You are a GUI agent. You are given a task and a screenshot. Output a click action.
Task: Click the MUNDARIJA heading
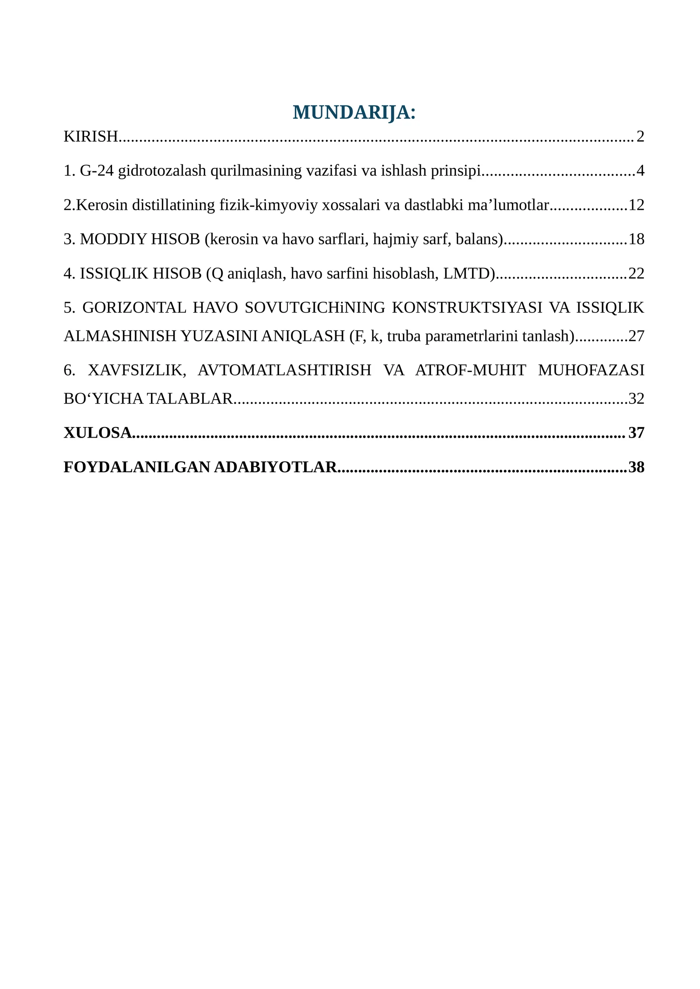pos(353,112)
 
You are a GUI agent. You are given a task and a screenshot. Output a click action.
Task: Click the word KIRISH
pos(91,136)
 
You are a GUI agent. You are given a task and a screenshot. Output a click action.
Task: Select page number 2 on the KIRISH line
pos(640,136)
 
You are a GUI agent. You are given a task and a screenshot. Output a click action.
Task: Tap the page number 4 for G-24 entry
pos(640,171)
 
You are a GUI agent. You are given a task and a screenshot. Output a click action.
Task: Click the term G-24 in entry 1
pos(97,171)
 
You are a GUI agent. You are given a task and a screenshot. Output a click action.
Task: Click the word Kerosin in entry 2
pos(102,205)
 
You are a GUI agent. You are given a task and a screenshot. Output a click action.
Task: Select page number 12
pos(636,205)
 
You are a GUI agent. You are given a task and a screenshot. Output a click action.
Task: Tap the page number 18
pos(636,239)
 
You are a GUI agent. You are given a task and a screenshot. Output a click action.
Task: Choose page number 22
pos(636,273)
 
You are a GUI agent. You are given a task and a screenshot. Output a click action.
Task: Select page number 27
pos(636,336)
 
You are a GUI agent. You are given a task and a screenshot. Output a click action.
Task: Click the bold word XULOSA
pos(98,432)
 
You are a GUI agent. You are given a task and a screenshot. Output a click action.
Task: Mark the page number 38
pos(636,467)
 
